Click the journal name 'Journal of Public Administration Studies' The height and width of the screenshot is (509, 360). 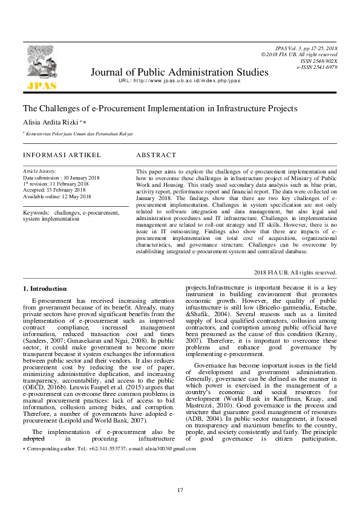pyautogui.click(x=179, y=73)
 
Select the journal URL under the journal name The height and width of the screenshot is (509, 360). pyautogui.click(x=179, y=81)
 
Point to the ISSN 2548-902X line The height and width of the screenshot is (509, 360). pyautogui.click(x=321, y=61)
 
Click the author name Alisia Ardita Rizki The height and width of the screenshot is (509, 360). pyautogui.click(x=51, y=122)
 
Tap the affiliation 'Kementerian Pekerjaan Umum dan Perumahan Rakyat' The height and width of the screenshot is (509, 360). pyautogui.click(x=79, y=134)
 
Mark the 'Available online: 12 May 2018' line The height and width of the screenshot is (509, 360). pyautogui.click(x=57, y=196)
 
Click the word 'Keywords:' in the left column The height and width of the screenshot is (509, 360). pyautogui.click(x=36, y=213)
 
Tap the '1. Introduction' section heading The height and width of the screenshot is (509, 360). pyautogui.click(x=45, y=288)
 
